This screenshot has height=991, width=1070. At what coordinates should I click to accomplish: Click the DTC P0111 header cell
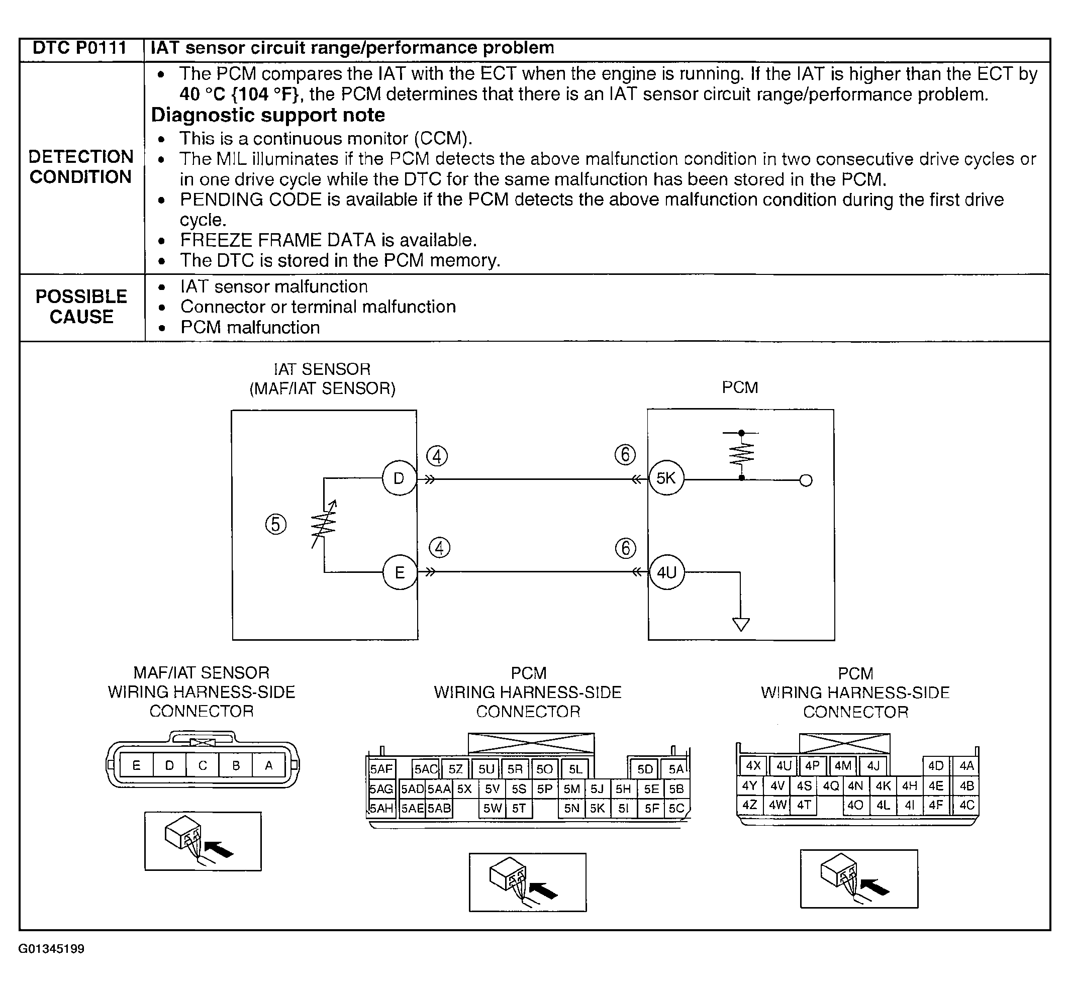[x=79, y=48]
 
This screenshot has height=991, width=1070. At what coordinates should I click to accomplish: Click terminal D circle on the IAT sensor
[x=399, y=478]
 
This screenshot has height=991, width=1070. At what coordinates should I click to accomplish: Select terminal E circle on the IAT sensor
[x=400, y=573]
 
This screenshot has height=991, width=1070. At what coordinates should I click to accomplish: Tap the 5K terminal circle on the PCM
[x=666, y=478]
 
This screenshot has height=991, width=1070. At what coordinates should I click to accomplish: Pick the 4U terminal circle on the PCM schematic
[x=666, y=573]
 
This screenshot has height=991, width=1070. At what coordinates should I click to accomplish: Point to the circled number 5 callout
[x=276, y=524]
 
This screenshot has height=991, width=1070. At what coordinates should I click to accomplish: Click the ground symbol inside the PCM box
[x=741, y=624]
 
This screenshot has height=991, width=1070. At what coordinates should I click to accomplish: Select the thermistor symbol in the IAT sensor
[x=324, y=524]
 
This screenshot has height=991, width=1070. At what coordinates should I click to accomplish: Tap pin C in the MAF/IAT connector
[x=202, y=766]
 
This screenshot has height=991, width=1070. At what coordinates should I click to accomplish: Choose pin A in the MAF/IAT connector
[x=269, y=766]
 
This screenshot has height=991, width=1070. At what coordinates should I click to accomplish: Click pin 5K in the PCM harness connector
[x=597, y=808]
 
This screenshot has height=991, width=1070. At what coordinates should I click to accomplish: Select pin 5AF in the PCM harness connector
[x=381, y=769]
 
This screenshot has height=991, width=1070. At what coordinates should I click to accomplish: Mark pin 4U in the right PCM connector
[x=784, y=766]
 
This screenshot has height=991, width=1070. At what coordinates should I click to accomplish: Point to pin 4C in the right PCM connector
[x=966, y=805]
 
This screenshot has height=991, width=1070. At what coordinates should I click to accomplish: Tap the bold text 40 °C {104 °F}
[x=239, y=94]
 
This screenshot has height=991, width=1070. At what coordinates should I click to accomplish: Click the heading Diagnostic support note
[x=268, y=115]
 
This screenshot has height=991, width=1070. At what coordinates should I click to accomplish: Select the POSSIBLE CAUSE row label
[x=81, y=307]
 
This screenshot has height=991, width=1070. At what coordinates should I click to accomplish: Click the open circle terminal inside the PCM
[x=806, y=480]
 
